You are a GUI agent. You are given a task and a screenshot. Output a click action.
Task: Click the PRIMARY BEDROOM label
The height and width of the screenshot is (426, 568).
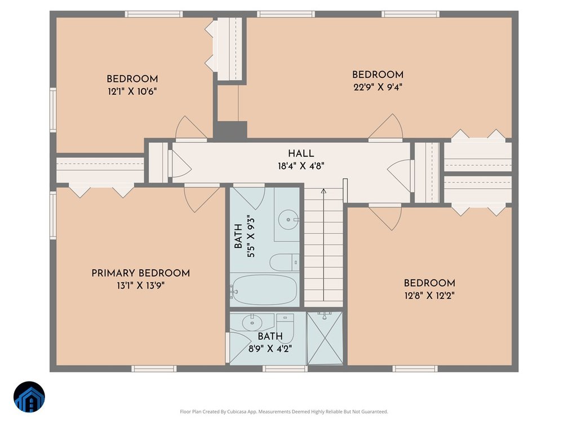point(140,273)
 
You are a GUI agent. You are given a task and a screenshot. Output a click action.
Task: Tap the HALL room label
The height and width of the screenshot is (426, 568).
point(301,154)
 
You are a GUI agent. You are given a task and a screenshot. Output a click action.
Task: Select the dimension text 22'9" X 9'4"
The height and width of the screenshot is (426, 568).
point(378,87)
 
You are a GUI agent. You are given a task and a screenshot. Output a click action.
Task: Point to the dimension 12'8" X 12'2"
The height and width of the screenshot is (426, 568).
point(429,296)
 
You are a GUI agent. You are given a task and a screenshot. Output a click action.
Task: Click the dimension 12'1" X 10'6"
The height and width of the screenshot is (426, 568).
point(132,91)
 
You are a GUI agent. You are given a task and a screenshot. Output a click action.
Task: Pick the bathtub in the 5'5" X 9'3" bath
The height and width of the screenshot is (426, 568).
point(264,290)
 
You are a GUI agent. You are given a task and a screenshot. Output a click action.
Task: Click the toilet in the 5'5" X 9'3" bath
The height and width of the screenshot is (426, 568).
point(285,263)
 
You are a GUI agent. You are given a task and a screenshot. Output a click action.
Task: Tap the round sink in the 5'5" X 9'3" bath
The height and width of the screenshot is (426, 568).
point(289,220)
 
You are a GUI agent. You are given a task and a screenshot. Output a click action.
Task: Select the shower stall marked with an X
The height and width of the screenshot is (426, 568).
point(325,338)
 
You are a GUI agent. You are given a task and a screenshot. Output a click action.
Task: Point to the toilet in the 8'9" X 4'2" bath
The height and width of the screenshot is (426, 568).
point(285,323)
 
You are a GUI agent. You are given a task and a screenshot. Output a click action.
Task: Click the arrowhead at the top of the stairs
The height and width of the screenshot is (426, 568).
point(323,191)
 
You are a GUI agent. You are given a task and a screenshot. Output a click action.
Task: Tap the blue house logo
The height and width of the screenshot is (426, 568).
point(29,397)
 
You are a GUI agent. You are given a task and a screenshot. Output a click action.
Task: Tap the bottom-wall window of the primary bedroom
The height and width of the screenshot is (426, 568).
point(154,369)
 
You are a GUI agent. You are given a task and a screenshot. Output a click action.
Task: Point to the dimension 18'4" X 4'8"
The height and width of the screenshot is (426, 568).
point(301,166)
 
